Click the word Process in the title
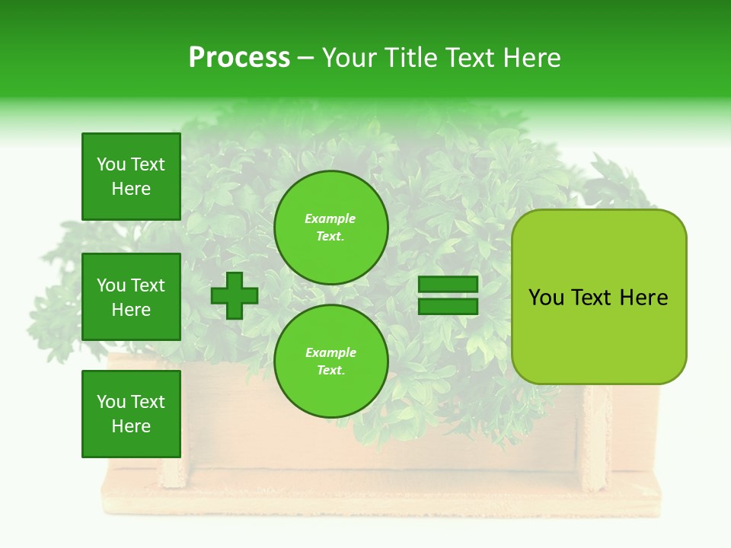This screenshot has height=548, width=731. tap(239, 58)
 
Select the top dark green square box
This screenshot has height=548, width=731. tap(131, 177)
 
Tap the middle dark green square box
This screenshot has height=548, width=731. tap(131, 297)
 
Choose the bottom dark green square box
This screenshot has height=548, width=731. tap(131, 414)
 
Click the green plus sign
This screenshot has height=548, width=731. tap(235, 296)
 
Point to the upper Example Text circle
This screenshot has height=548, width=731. tap(331, 228)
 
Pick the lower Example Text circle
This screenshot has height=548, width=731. tap(331, 362)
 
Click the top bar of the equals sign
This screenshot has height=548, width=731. tap(448, 285)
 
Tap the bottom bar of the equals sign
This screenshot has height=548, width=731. tap(448, 306)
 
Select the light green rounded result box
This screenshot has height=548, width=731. tap(599, 297)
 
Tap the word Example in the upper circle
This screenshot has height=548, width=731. tap(330, 219)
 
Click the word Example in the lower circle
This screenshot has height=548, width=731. tap(330, 353)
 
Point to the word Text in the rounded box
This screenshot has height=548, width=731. tap(592, 298)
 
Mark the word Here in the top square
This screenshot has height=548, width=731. tap(131, 189)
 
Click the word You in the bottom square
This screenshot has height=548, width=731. tap(110, 402)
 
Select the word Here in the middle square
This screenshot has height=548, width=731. tap(131, 310)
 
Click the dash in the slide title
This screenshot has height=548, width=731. tap(306, 59)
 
